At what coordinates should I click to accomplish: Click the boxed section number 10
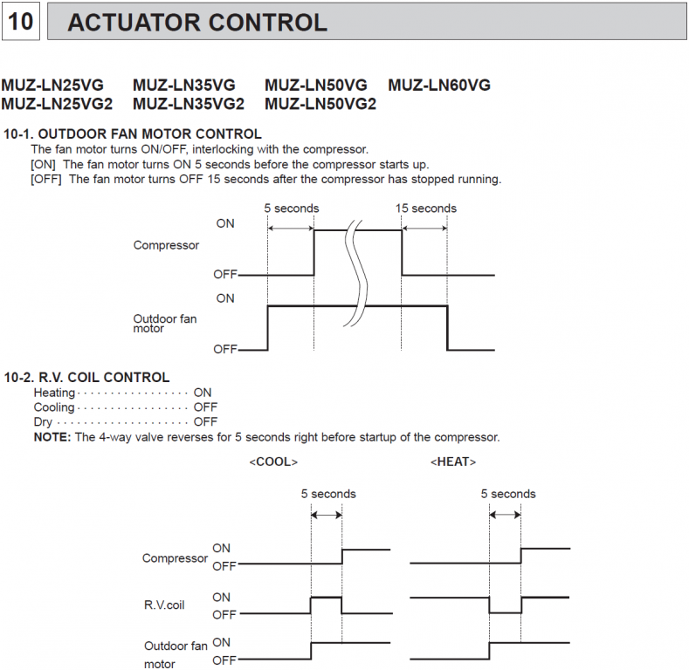20,22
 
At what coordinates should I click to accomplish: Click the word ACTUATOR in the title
138,23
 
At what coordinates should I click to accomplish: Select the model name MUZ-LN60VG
439,85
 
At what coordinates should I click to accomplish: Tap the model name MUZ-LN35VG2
189,104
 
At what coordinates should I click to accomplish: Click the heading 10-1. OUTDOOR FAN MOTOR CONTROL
132,134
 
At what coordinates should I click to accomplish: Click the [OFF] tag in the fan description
47,180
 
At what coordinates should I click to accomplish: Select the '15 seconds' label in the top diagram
425,209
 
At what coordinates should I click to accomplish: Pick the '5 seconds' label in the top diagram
292,209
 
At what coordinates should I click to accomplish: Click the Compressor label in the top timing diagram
166,245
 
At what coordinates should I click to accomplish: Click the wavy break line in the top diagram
355,270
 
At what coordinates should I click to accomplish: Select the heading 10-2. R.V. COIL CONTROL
86,378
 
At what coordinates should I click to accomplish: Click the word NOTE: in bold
52,437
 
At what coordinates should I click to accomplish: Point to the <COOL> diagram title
273,461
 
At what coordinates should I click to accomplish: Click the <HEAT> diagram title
453,461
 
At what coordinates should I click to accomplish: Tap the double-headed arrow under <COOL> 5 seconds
327,516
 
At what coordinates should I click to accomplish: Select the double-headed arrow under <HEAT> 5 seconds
506,516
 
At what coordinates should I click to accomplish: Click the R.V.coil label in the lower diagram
164,604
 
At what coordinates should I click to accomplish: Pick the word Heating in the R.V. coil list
54,393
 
